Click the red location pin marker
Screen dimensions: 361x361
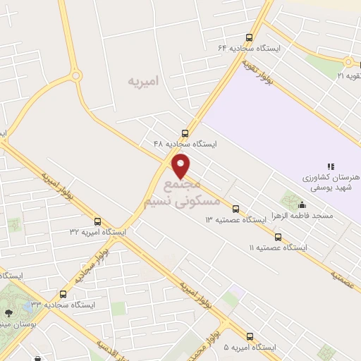click(181, 165)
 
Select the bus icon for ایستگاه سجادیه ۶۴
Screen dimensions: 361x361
click(249, 37)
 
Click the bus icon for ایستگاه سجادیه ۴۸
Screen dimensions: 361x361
click(185, 133)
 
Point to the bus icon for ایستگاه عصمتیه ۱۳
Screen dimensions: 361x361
click(235, 209)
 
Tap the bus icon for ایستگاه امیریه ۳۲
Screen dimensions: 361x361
click(97, 221)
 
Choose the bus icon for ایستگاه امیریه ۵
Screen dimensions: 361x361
click(250, 336)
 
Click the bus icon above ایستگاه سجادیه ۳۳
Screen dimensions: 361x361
click(63, 294)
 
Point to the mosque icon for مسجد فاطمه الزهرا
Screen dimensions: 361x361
click(302, 205)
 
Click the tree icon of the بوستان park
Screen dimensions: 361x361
click(8, 313)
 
